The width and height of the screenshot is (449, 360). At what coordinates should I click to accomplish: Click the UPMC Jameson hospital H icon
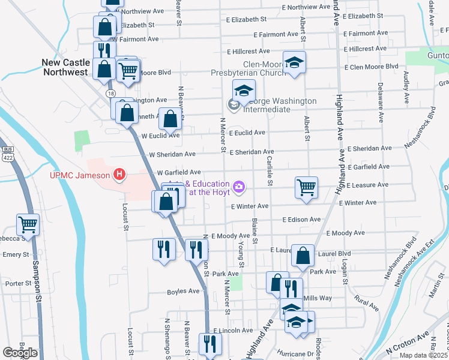pos(119,175)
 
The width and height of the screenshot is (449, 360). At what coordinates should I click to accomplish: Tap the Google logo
pos(20,353)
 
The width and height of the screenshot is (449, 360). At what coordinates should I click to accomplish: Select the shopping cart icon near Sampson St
pos(28,224)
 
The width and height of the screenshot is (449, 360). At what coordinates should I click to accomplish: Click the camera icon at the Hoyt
pos(240,188)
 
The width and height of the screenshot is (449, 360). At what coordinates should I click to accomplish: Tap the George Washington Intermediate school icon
pos(244,91)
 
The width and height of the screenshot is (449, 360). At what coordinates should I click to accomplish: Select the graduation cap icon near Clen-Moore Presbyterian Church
pos(294,63)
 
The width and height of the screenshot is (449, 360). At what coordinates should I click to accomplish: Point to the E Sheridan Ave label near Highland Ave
pos(369,148)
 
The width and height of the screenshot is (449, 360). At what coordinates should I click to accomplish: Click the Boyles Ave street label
pos(182,292)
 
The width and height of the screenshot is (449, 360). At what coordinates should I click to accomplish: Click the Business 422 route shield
pos(7,155)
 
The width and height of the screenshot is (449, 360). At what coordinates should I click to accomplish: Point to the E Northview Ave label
pos(306,7)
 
